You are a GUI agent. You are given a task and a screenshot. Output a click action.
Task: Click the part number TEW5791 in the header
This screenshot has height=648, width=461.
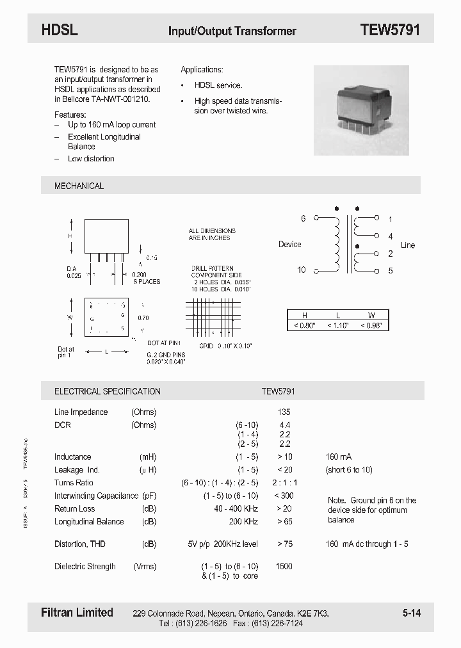[x=389, y=29]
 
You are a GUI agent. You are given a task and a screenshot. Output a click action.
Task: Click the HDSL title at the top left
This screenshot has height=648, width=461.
[x=59, y=29]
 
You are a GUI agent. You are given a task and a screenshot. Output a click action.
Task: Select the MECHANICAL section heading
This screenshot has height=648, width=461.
[x=79, y=186]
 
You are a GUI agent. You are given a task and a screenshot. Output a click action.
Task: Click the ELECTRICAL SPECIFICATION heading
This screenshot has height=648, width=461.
[x=107, y=391]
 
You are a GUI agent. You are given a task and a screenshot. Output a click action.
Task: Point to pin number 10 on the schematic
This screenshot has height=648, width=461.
[x=301, y=270]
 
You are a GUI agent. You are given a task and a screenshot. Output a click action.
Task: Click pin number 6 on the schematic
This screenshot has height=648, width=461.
[x=303, y=218]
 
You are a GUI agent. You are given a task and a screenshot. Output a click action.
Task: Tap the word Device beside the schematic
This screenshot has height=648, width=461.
[x=289, y=245]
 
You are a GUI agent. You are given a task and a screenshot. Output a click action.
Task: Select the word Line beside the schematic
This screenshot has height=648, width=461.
[x=407, y=245]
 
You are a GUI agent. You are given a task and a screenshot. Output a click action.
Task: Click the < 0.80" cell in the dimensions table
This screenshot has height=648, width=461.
[x=305, y=325]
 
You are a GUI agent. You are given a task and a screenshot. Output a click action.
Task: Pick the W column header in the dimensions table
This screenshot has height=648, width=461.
[x=371, y=315]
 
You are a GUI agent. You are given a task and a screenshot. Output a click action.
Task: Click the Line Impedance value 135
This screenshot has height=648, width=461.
[x=284, y=412]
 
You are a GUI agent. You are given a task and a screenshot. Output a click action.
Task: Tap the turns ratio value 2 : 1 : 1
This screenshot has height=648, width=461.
[x=284, y=483]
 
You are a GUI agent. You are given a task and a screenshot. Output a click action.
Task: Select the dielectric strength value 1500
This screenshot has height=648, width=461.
[x=284, y=566]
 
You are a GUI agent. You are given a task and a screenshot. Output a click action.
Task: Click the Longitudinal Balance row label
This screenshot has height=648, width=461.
[x=89, y=521]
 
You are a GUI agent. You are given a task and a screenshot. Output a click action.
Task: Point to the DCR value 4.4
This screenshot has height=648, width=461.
[x=285, y=425]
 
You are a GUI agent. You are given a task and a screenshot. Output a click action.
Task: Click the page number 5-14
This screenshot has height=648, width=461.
[x=412, y=613]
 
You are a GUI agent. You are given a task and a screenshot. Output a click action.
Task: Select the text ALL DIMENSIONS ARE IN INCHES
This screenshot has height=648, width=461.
[x=212, y=234]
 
